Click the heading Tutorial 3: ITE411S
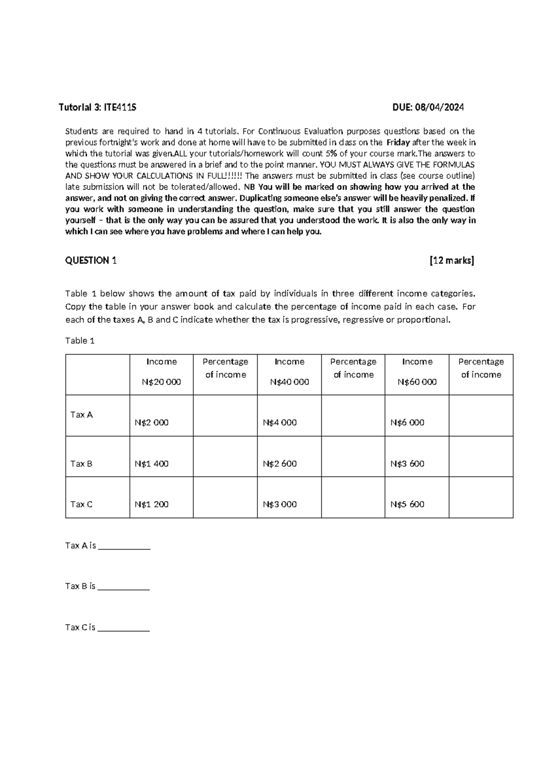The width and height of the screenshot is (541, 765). (97, 107)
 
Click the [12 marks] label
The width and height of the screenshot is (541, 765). (452, 260)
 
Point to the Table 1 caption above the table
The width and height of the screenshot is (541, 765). (80, 341)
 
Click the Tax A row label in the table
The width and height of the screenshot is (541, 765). (82, 415)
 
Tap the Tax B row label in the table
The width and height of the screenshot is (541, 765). (82, 464)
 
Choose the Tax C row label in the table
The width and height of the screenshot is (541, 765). (82, 504)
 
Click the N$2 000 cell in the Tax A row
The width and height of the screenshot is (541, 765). (151, 423)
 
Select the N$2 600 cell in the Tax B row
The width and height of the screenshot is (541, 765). (280, 464)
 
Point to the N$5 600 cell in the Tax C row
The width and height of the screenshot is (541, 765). (407, 504)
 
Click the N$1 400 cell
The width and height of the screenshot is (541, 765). (151, 464)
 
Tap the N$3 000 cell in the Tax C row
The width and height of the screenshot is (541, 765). (280, 504)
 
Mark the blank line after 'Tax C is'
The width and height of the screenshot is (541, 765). (124, 629)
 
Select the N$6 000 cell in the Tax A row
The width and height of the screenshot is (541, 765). (407, 423)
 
